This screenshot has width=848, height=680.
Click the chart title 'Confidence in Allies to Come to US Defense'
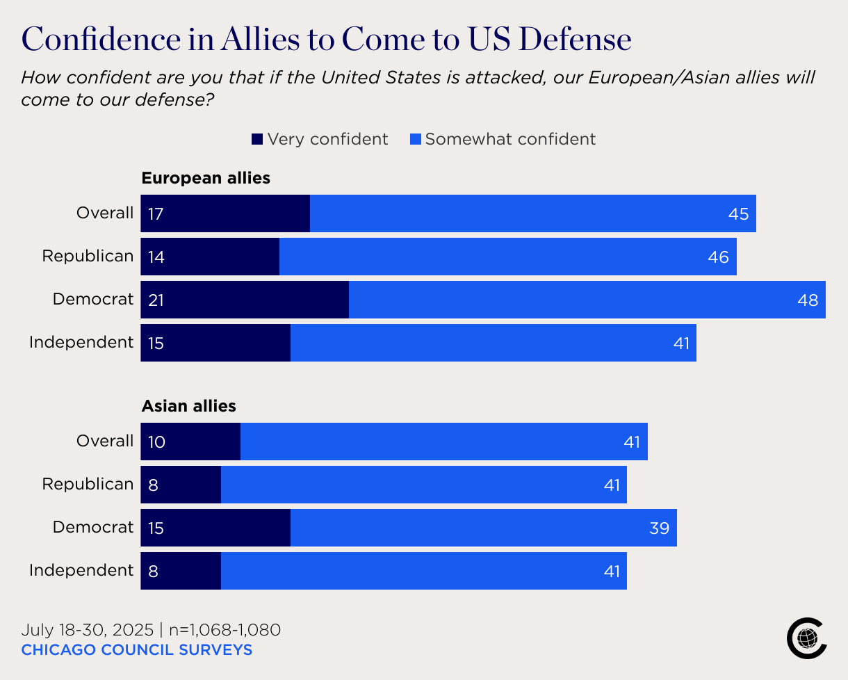click(x=327, y=39)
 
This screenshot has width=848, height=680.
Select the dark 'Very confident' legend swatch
click(x=257, y=139)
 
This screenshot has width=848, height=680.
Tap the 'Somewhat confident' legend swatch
click(x=416, y=139)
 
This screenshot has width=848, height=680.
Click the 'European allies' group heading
click(x=206, y=178)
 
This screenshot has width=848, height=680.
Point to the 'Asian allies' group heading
click(x=188, y=406)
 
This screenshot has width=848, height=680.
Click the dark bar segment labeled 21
click(x=245, y=300)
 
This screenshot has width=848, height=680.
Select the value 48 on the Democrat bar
click(x=808, y=300)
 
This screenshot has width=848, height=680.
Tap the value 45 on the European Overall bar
click(x=738, y=214)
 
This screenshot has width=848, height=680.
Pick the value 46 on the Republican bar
click(x=718, y=257)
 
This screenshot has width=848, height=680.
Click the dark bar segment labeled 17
click(x=225, y=213)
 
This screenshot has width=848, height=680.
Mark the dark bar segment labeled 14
click(x=210, y=257)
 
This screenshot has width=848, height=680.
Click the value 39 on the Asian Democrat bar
click(x=659, y=528)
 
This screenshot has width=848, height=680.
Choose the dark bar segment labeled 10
click(x=190, y=442)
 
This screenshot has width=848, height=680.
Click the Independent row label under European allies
click(x=81, y=342)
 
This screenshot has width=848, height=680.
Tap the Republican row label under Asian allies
click(x=88, y=484)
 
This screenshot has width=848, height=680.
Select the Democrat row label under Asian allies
click(x=93, y=527)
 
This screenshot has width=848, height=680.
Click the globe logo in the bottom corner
click(x=807, y=638)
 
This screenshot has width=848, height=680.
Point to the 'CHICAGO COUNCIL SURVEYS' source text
click(x=136, y=650)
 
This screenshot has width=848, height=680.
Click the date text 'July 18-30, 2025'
click(x=87, y=630)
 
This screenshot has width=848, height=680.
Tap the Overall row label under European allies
click(x=105, y=213)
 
